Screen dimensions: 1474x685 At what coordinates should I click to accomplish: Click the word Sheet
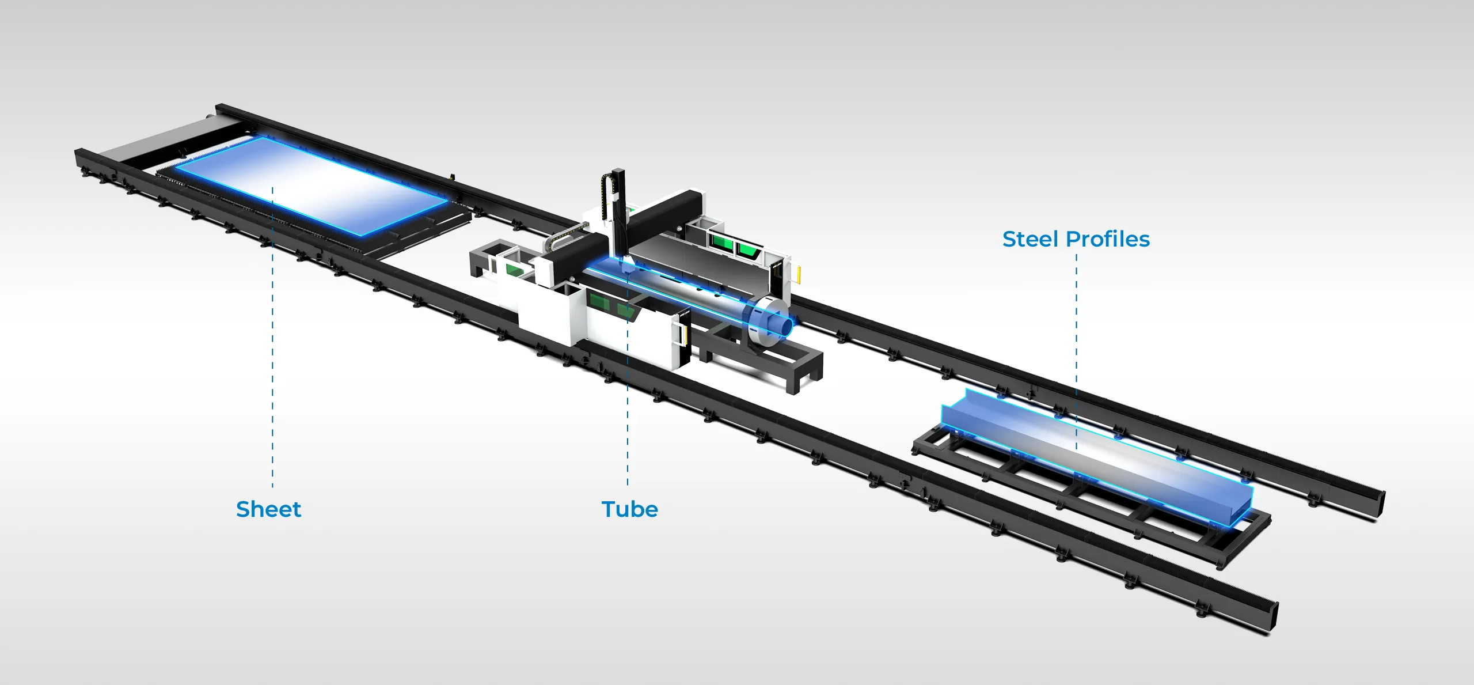268,509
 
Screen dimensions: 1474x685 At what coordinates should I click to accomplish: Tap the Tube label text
629,509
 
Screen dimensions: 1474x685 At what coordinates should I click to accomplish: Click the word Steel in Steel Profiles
1031,239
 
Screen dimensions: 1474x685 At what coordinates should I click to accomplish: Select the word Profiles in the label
1108,239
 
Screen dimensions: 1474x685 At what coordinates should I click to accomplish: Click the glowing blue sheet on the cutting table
311,184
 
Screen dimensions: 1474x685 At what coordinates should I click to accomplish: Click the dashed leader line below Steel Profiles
1077,351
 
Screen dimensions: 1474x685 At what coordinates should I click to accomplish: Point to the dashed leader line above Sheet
272,337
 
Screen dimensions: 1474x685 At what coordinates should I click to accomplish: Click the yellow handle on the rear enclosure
799,274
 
